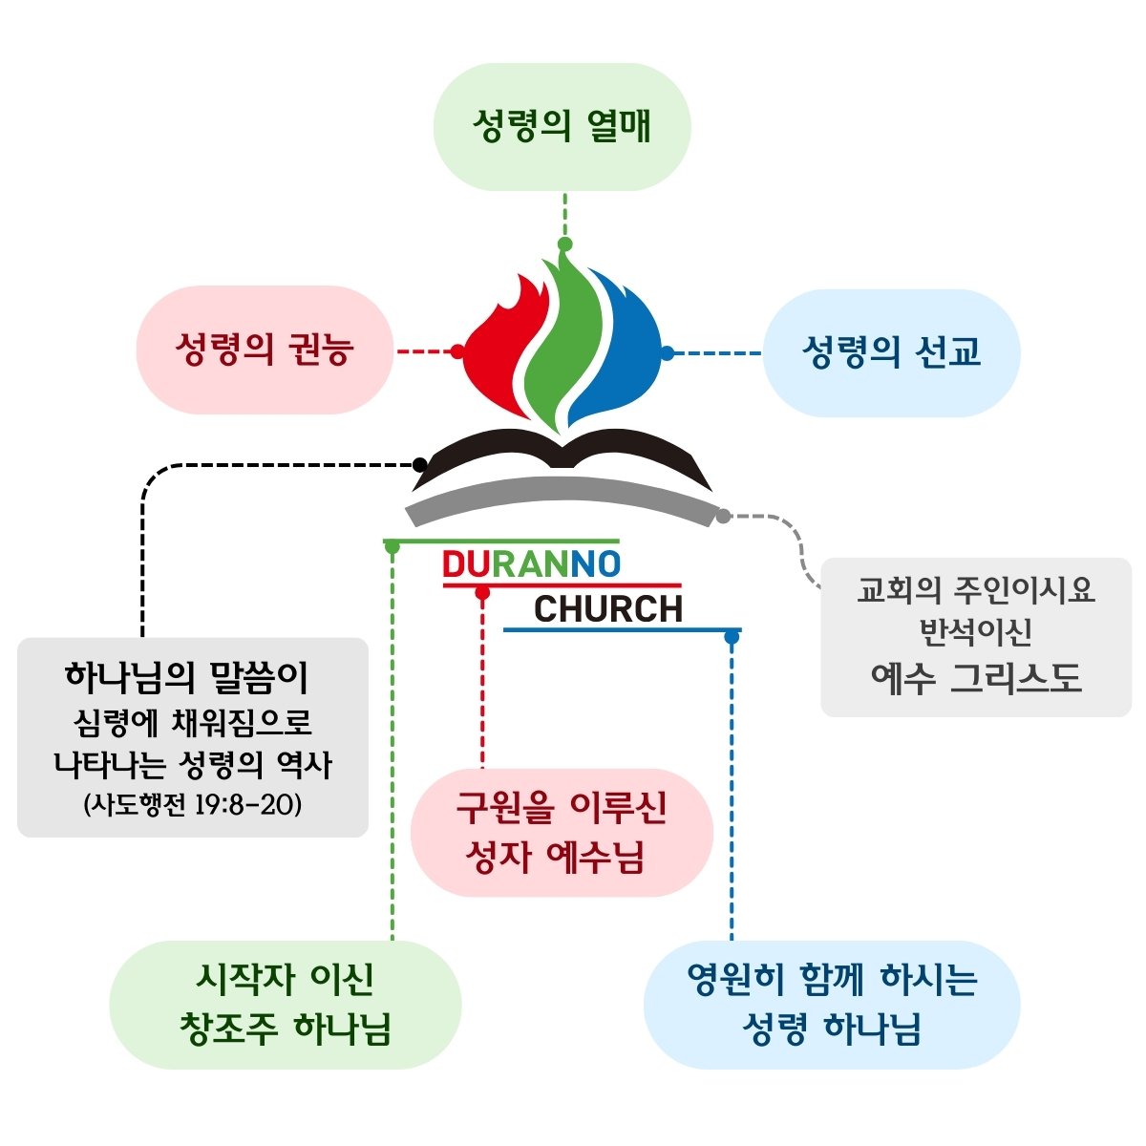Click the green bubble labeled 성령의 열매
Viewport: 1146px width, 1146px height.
(x=562, y=127)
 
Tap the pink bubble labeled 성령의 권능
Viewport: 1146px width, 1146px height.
(x=265, y=350)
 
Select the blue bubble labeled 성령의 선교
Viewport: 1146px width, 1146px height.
(x=891, y=352)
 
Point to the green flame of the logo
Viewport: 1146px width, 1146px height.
(x=563, y=334)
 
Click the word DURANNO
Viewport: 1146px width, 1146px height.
(x=531, y=564)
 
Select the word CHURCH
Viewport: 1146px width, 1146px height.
(x=608, y=608)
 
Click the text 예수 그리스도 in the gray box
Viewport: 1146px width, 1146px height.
(x=976, y=677)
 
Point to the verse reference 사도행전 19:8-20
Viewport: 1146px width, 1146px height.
(x=193, y=805)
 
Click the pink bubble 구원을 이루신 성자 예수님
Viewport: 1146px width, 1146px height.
(x=562, y=832)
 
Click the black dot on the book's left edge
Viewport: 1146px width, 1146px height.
(x=419, y=465)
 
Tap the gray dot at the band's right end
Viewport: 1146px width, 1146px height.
(x=723, y=517)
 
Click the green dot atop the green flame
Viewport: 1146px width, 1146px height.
(x=564, y=244)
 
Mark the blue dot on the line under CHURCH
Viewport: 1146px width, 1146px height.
(x=732, y=636)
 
